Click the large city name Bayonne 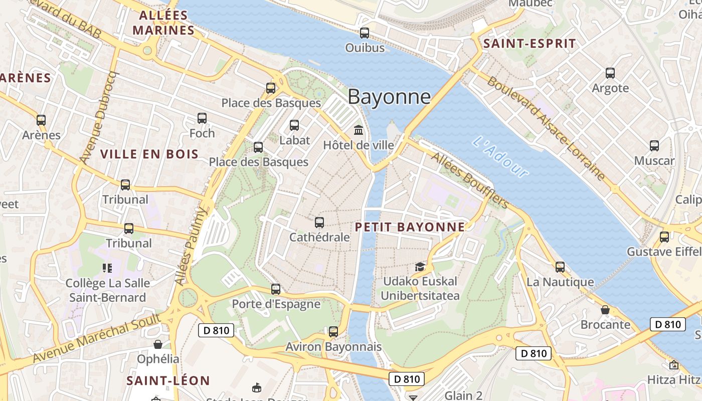click(389, 97)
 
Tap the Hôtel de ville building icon click(359, 130)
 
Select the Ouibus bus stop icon click(365, 33)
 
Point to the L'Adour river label click(500, 157)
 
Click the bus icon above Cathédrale click(319, 222)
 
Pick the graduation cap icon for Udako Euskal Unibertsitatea click(420, 267)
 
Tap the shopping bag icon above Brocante click(605, 310)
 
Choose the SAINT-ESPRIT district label click(530, 44)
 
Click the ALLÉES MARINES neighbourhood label click(163, 23)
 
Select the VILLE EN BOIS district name click(150, 154)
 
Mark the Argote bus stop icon click(610, 73)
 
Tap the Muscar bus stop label click(654, 161)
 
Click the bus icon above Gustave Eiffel click(664, 237)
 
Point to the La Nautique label click(560, 282)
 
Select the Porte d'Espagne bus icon click(276, 289)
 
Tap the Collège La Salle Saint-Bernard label click(108, 290)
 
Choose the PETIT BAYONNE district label click(410, 227)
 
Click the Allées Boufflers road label click(470, 181)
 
